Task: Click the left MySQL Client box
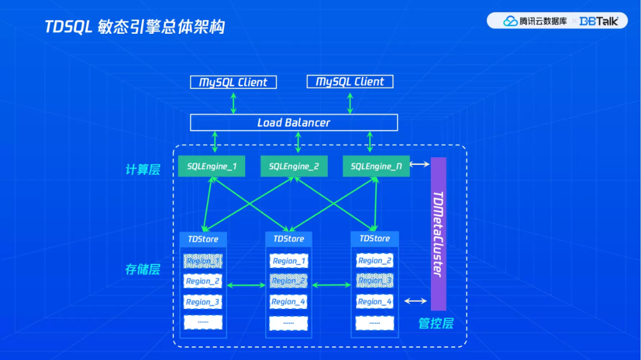click(x=233, y=82)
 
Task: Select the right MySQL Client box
click(x=350, y=82)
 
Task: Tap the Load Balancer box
click(x=294, y=123)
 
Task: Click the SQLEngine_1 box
click(x=212, y=167)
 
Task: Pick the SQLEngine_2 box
click(x=294, y=167)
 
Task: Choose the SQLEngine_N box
click(x=376, y=167)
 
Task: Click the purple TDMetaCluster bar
click(x=438, y=234)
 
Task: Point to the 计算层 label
click(x=142, y=170)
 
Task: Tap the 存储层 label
click(x=142, y=269)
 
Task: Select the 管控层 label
click(x=436, y=324)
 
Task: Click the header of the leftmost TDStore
click(x=203, y=239)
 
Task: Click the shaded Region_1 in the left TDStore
click(x=203, y=260)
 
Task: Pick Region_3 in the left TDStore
click(x=203, y=302)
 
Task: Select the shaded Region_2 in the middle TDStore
click(x=288, y=281)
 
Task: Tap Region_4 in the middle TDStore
click(x=288, y=302)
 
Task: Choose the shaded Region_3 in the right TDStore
click(x=375, y=281)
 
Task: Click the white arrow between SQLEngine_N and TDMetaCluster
click(x=419, y=165)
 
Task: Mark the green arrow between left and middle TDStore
click(x=246, y=286)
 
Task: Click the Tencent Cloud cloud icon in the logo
click(x=510, y=21)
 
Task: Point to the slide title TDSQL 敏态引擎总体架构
click(x=135, y=27)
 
